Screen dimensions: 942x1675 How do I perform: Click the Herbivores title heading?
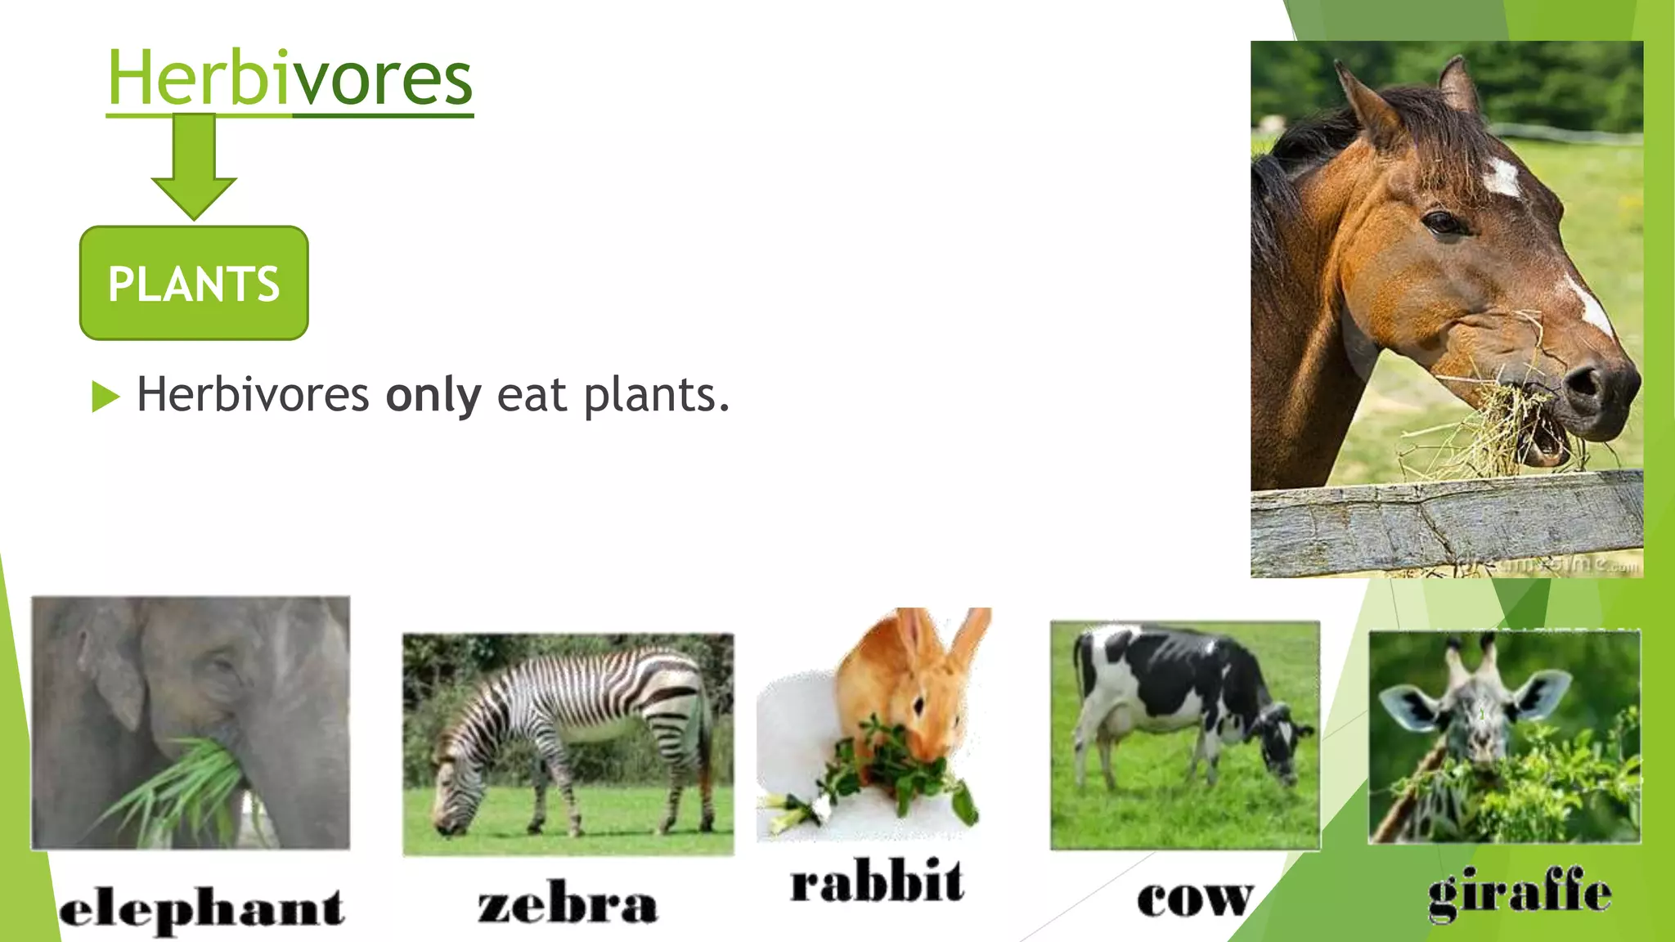click(x=290, y=78)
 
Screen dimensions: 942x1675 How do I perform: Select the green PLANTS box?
click(x=194, y=283)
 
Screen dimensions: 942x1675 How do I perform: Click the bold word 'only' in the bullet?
click(x=433, y=396)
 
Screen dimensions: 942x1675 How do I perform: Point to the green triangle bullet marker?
click(x=106, y=397)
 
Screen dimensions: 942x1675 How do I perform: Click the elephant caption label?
click(x=201, y=909)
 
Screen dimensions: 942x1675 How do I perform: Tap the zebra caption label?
click(x=568, y=904)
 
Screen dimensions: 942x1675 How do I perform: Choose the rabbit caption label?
click(x=877, y=883)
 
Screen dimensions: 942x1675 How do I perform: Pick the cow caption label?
click(x=1195, y=899)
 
